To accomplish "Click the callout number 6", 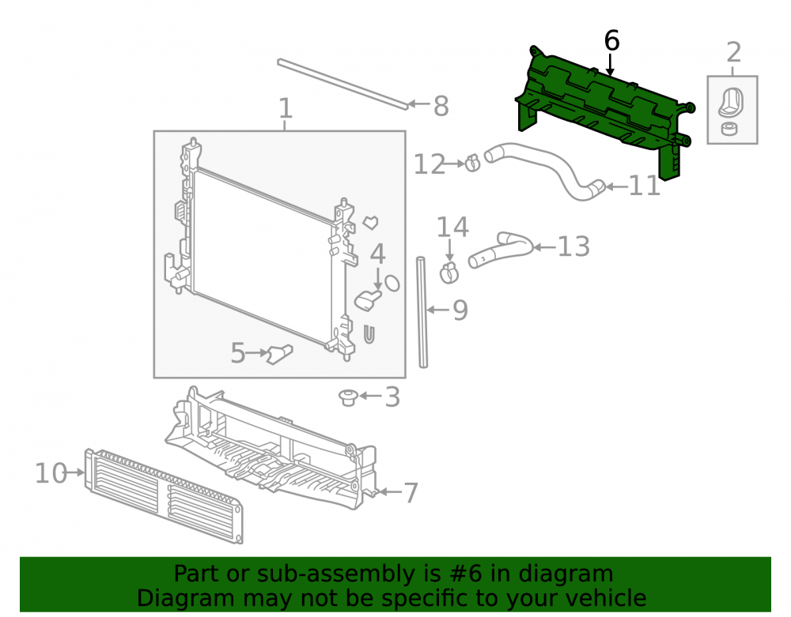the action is (611, 40).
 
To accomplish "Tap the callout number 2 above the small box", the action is (734, 52).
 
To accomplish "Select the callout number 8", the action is (441, 107).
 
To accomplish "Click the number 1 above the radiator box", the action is (286, 108).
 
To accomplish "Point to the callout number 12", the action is (430, 164).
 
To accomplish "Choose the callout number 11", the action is (644, 186).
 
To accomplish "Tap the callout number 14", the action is (452, 227).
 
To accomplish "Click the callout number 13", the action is (573, 246).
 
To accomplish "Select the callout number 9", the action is (460, 310).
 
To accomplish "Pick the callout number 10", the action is (51, 473).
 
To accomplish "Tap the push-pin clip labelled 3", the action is (348, 397).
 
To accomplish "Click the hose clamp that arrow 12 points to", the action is (473, 162).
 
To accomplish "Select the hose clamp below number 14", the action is (449, 273).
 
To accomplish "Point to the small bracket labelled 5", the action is (279, 354).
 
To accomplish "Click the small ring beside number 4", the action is (392, 283).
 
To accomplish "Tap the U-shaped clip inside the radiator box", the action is (369, 334).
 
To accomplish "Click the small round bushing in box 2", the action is (729, 129).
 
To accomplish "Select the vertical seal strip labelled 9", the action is (422, 312).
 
